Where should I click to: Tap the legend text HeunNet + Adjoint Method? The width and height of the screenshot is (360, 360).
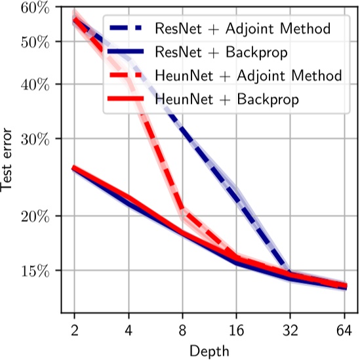(248, 76)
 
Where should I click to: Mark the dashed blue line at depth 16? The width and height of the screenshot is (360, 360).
(235, 195)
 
